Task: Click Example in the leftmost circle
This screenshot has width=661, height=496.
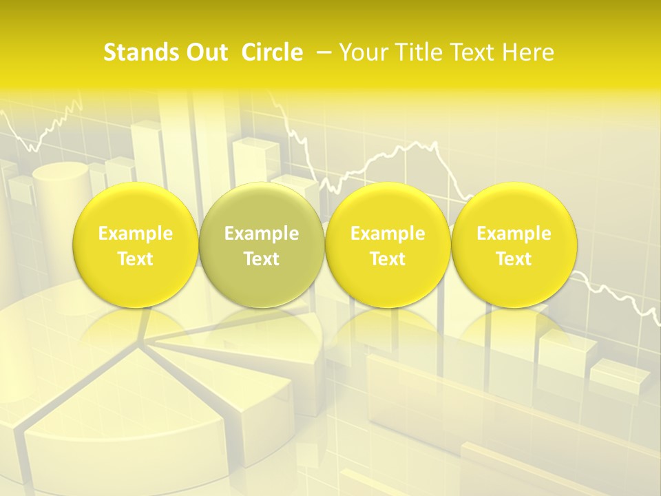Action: point(135,234)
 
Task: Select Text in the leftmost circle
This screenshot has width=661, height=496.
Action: point(135,259)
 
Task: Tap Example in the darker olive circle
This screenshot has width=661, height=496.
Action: point(262,234)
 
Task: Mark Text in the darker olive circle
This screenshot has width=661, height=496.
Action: point(262,259)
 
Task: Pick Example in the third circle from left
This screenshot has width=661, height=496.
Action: point(388,234)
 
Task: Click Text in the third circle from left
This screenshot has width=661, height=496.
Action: point(388,259)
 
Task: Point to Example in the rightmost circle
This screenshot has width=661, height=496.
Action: point(514,234)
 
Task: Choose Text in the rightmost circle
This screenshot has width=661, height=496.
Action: point(514,259)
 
